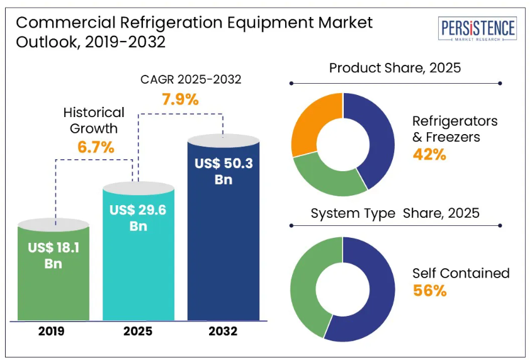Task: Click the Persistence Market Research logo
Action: [x=478, y=30]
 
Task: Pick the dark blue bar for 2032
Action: [x=224, y=252]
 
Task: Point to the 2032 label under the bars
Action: [x=222, y=331]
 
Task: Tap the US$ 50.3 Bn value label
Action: [x=224, y=171]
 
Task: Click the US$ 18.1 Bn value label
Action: [x=54, y=255]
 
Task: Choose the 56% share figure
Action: [x=429, y=290]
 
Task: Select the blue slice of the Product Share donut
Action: [x=375, y=135]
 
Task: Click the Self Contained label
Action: [x=461, y=273]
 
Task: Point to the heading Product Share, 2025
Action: [x=395, y=67]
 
